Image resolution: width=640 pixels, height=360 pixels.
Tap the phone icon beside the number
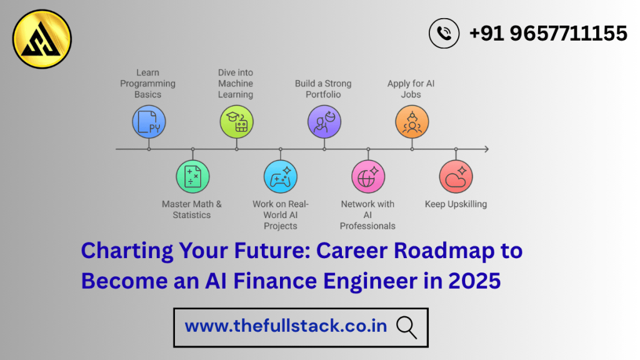point(444,33)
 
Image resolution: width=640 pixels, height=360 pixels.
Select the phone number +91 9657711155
point(547,33)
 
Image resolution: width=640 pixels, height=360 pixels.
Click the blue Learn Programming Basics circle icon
point(149,121)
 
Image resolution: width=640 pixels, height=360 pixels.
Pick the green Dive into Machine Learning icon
point(236,121)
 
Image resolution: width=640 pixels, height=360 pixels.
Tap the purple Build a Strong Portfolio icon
point(324,121)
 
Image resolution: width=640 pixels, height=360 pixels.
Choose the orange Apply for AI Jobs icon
point(412,121)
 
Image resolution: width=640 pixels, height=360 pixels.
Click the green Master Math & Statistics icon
point(192,177)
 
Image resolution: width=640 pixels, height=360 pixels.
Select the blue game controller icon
point(280,177)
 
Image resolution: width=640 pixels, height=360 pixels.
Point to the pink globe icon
point(368,177)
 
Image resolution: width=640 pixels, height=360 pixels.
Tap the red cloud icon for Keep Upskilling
point(456,177)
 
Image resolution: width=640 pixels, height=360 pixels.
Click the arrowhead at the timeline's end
point(486,149)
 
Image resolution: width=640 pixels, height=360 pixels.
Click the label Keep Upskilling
point(456,204)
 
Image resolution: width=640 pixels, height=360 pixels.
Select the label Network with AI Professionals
point(368,214)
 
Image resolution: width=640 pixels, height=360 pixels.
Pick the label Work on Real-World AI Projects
point(280,214)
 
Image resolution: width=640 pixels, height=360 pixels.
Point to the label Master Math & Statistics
point(192,209)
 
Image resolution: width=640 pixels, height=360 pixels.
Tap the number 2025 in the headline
point(474,281)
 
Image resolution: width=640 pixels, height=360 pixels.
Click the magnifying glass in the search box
point(406,326)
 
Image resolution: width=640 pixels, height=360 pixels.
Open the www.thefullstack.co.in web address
point(286,326)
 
